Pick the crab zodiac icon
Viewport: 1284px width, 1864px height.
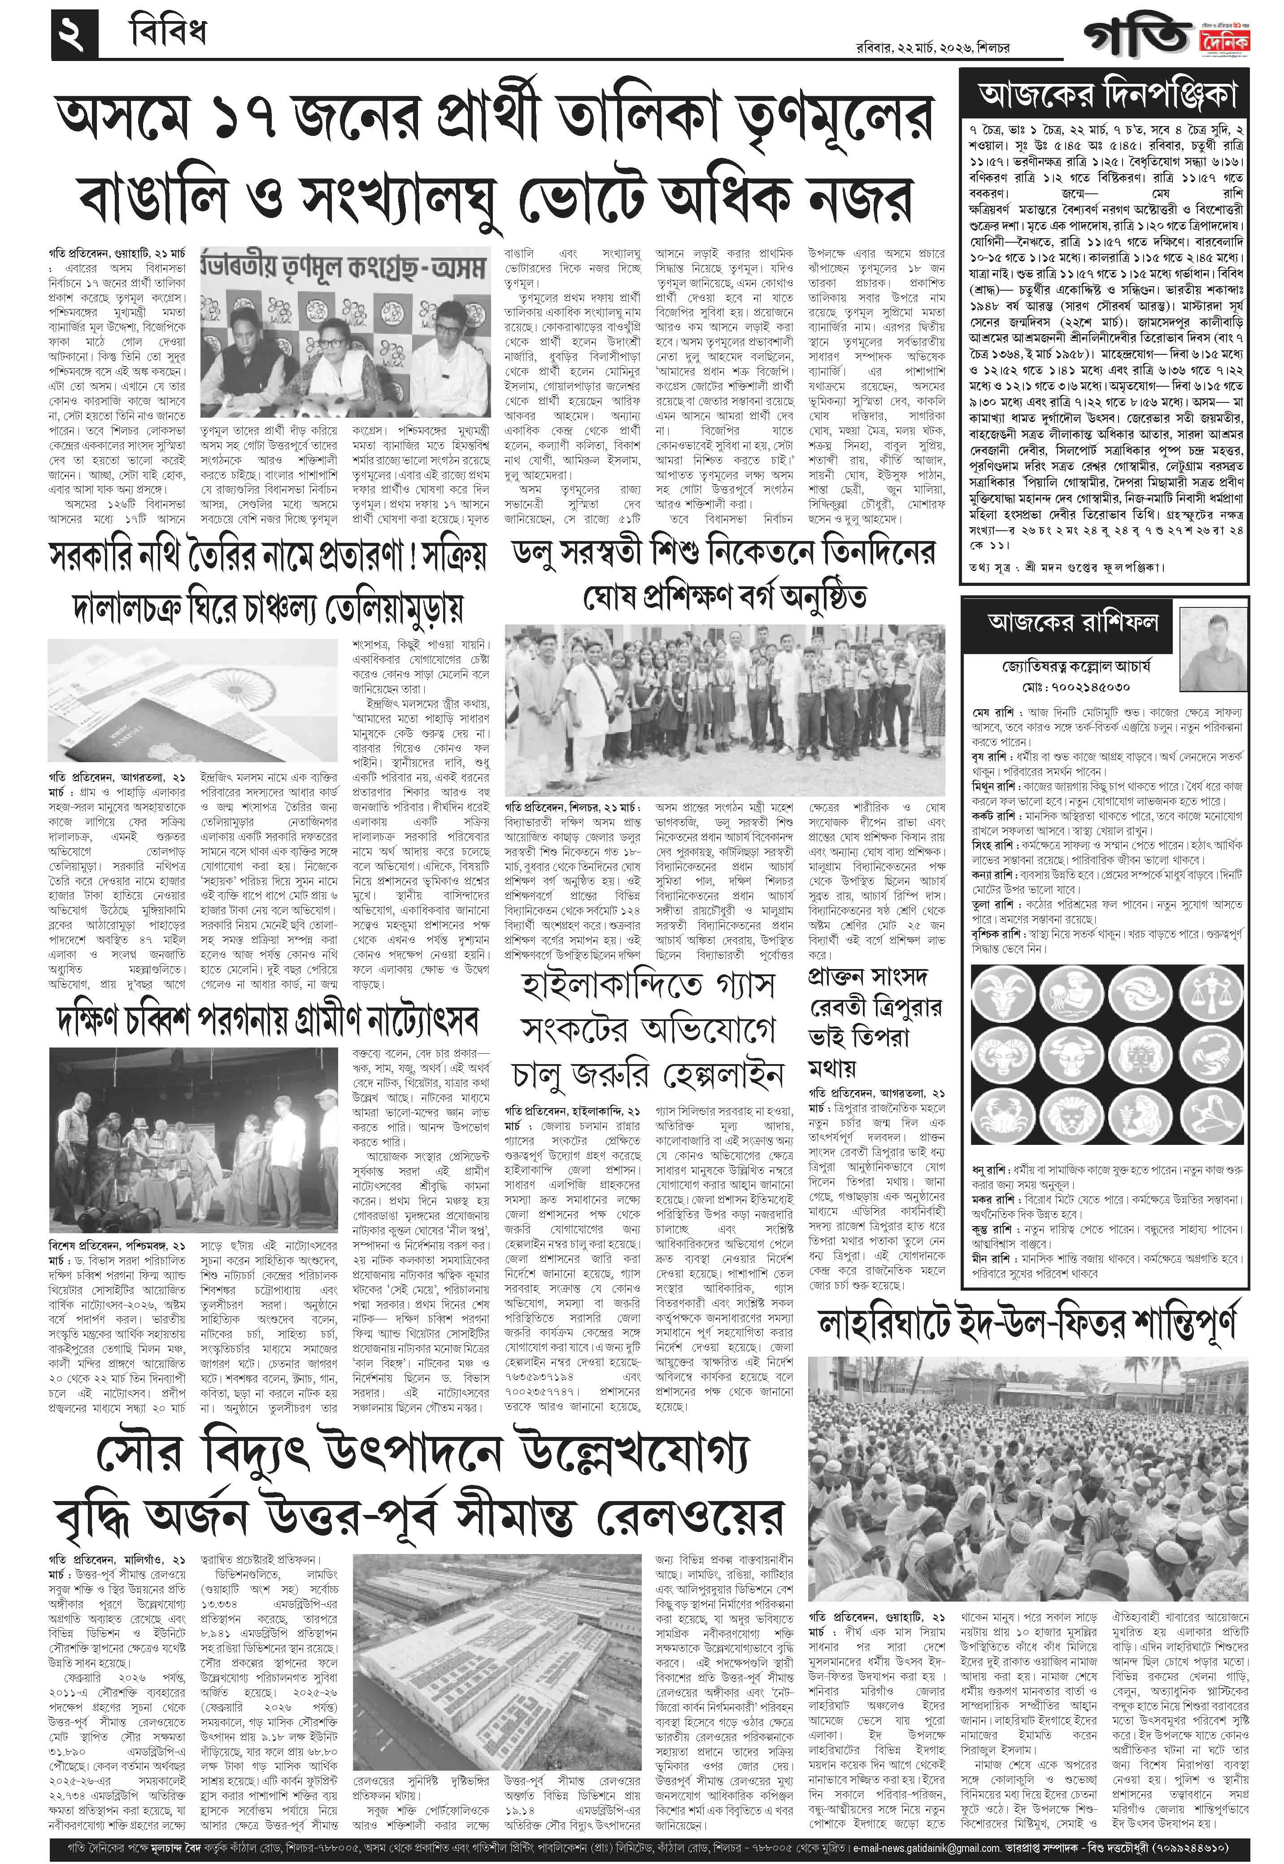pyautogui.click(x=1001, y=1115)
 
